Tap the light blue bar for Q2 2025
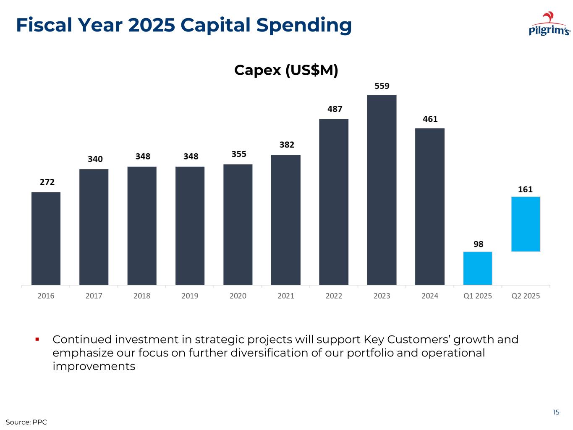pos(525,224)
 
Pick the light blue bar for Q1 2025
pos(477,268)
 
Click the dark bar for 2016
pos(46,239)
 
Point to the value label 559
pos(382,86)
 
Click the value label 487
pos(335,109)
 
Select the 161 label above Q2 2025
pos(525,189)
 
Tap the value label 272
pos(47,182)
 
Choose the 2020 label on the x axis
pos(238,296)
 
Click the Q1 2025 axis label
pos(477,296)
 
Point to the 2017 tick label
pos(94,296)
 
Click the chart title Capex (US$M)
pos(286,70)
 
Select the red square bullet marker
pos(37,339)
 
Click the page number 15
pos(556,412)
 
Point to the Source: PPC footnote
pos(26,422)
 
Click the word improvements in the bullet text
pos(94,366)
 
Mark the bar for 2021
pos(286,220)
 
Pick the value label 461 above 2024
pos(430,119)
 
